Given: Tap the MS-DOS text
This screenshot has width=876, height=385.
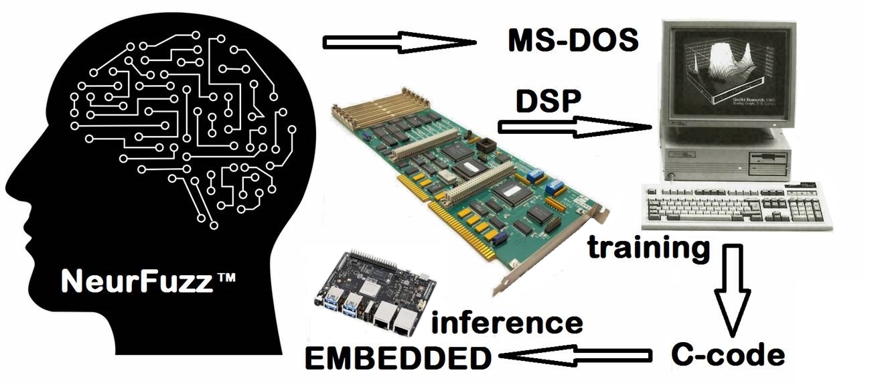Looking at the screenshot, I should pyautogui.click(x=571, y=42).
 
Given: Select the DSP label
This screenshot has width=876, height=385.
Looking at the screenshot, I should pyautogui.click(x=548, y=102).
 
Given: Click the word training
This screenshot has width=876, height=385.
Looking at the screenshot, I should pyautogui.click(x=649, y=247).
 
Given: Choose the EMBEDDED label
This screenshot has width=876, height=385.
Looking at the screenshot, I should pyautogui.click(x=398, y=359).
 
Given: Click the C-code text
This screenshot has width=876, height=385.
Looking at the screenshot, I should pyautogui.click(x=727, y=355).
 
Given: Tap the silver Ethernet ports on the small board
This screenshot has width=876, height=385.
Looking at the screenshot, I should pyautogui.click(x=395, y=317).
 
